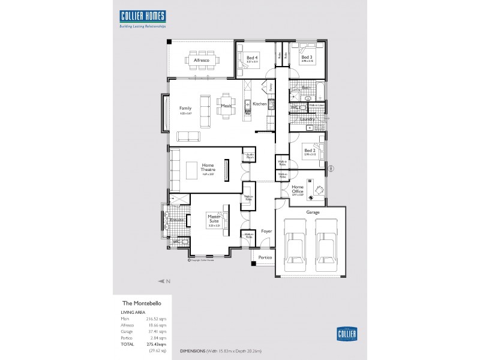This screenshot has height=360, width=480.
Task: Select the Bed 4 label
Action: tap(251, 58)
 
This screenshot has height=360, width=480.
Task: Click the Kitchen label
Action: tap(259, 104)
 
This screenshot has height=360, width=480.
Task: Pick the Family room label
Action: tap(185, 108)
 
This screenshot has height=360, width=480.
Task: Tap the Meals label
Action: tap(226, 106)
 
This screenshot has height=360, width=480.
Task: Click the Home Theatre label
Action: tap(208, 169)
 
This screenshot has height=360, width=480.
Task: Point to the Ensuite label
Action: tap(176, 220)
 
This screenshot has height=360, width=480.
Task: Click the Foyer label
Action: tap(266, 231)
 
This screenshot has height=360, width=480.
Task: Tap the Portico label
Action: tap(265, 257)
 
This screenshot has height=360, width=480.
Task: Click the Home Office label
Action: tap(298, 188)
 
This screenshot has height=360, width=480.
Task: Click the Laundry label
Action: tap(307, 119)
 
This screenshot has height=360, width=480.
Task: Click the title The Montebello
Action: tap(140, 304)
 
